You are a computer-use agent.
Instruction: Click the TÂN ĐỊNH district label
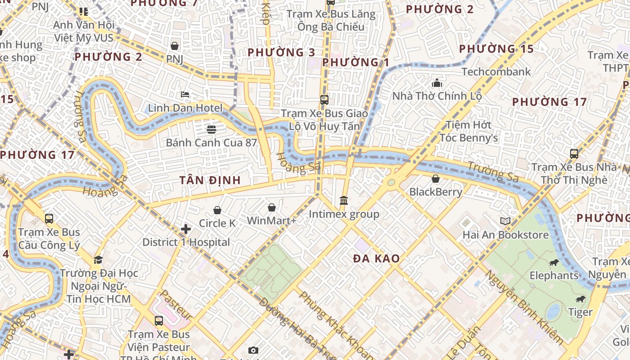pyautogui.click(x=210, y=180)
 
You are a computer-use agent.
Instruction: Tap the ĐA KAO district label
pyautogui.click(x=376, y=259)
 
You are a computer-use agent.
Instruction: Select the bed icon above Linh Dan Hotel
pyautogui.click(x=185, y=94)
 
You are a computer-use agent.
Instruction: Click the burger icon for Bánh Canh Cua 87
pyautogui.click(x=211, y=130)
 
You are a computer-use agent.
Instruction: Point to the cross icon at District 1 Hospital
pyautogui.click(x=186, y=229)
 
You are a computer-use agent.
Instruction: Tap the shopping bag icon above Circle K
pyautogui.click(x=217, y=210)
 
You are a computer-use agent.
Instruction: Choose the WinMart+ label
pyautogui.click(x=271, y=221)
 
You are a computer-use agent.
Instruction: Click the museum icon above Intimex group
pyautogui.click(x=344, y=200)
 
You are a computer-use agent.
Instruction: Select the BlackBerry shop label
pyautogui.click(x=436, y=192)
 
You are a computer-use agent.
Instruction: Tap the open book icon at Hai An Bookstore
pyautogui.click(x=505, y=221)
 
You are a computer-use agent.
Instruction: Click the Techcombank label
pyautogui.click(x=496, y=72)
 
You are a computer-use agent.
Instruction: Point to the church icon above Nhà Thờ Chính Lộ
pyautogui.click(x=437, y=83)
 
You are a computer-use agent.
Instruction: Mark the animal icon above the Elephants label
pyautogui.click(x=553, y=262)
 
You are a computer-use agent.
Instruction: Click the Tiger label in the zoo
pyautogui.click(x=580, y=312)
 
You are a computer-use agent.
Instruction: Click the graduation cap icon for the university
pyautogui.click(x=98, y=260)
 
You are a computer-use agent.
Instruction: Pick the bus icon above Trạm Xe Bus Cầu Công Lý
pyautogui.click(x=49, y=219)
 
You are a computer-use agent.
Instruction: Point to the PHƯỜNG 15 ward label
pyautogui.click(x=496, y=49)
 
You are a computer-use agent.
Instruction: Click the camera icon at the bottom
pyautogui.click(x=253, y=350)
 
